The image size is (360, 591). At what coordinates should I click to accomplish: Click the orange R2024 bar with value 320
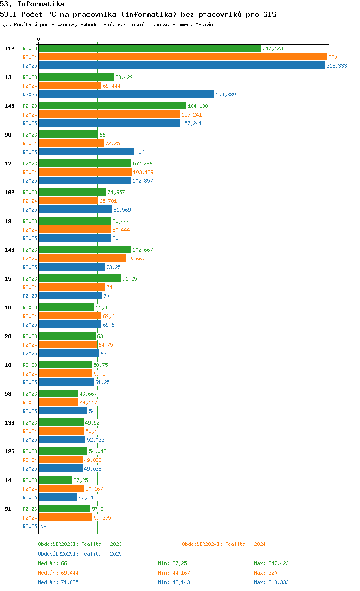point(183,57)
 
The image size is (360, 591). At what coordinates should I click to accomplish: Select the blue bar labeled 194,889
point(126,94)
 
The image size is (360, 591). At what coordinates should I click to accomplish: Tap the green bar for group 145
point(112,106)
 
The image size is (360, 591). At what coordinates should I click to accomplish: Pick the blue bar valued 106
point(86,152)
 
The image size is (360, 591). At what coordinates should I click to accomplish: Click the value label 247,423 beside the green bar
point(273,48)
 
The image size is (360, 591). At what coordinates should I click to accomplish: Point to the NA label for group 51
point(43,526)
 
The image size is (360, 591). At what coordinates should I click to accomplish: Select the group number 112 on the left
point(10,48)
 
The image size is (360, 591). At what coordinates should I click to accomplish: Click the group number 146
point(10,250)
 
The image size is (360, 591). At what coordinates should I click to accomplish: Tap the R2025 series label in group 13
point(30,95)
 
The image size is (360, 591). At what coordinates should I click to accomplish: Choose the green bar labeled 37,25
point(55,480)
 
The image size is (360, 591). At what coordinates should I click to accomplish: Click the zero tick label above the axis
point(38,39)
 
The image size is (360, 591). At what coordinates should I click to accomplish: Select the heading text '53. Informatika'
point(32,4)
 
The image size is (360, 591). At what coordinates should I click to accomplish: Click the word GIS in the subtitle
point(269,14)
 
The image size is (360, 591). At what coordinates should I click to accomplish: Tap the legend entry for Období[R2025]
point(80,554)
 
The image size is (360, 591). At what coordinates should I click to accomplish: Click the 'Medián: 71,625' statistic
point(58,582)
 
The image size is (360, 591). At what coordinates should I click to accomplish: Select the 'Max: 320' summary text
point(265,573)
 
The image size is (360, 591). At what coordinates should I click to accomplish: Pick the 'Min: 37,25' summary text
point(172,563)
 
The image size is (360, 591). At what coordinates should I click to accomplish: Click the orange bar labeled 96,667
point(83,258)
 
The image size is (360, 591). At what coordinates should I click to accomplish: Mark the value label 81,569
point(122,210)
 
